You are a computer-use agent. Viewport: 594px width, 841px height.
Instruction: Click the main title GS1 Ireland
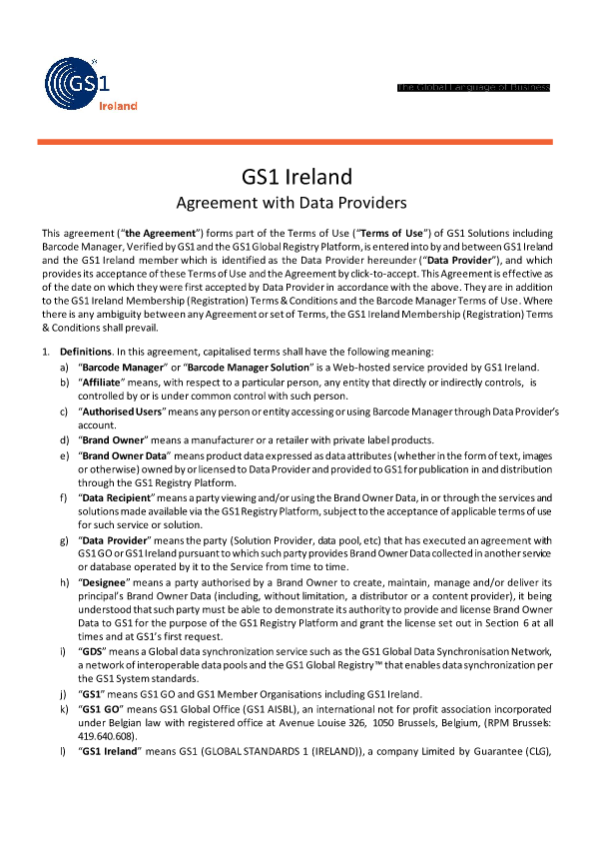[x=297, y=177]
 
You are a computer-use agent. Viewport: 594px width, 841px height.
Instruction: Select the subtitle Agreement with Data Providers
[x=297, y=203]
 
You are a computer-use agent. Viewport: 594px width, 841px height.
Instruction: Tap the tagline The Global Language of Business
[x=473, y=88]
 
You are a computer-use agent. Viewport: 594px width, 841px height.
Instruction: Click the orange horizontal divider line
[x=297, y=142]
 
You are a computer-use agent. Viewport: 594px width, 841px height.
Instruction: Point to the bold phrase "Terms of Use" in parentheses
[x=373, y=233]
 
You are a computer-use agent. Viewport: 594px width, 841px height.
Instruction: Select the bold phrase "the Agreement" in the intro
[x=125, y=233]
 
